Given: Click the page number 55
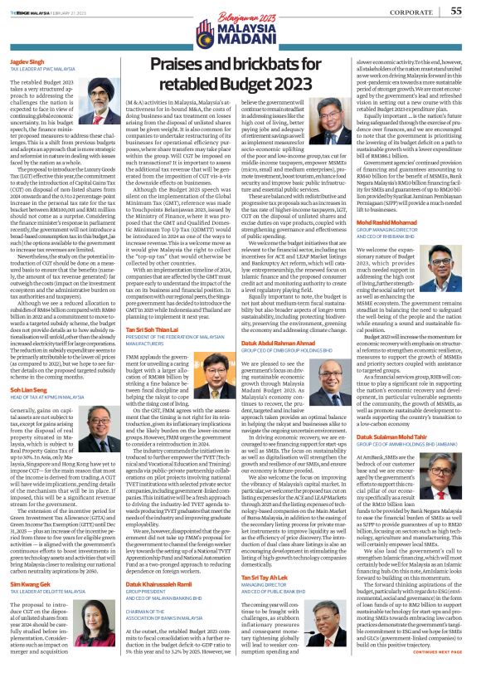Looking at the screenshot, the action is [457, 11].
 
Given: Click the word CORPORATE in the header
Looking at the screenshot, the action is [413, 12].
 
